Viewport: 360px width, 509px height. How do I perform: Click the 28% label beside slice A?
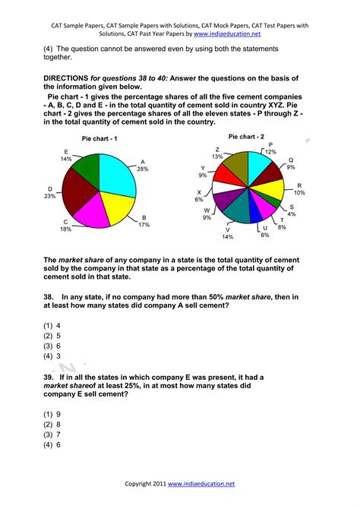click(144, 169)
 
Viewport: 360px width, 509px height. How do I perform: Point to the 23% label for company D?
click(50, 196)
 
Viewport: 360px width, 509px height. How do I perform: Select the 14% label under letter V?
click(228, 237)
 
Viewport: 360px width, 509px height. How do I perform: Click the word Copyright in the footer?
click(142, 483)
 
